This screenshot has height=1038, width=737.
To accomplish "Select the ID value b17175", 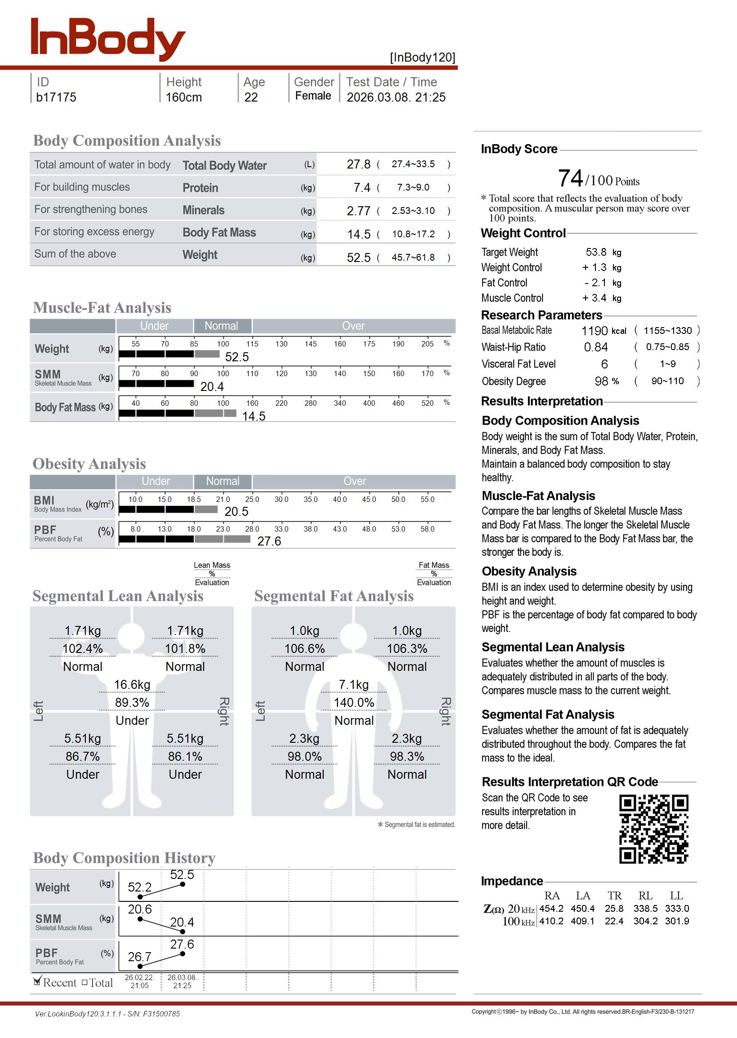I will click(x=56, y=97).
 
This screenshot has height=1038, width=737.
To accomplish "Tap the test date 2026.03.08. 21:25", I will click(x=396, y=97).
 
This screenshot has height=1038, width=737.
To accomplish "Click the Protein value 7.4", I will click(x=362, y=187).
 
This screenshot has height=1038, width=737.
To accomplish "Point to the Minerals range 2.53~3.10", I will click(x=413, y=210).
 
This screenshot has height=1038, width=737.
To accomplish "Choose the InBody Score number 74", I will click(x=570, y=178).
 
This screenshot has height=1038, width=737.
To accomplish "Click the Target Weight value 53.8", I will click(x=595, y=252).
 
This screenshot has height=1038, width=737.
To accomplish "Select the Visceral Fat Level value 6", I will click(x=604, y=364).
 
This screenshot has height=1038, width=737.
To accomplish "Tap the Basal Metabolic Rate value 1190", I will click(x=595, y=331).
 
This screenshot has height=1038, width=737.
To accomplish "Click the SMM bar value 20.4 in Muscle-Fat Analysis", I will click(x=212, y=386).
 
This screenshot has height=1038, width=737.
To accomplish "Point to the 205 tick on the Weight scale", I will click(x=427, y=344).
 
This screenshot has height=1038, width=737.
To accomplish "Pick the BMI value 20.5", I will click(x=236, y=511).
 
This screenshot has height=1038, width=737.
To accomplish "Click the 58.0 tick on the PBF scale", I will click(x=427, y=529).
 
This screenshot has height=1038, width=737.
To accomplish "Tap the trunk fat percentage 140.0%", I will click(x=354, y=702).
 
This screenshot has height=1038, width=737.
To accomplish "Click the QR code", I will click(x=653, y=829).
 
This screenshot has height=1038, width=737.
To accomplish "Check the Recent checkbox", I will click(x=37, y=982).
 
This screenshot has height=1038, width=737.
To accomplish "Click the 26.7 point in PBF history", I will click(x=140, y=967).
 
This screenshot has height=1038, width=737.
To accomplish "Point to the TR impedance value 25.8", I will click(x=614, y=908).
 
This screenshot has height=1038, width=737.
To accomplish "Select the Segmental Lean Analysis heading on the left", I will click(x=118, y=596).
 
